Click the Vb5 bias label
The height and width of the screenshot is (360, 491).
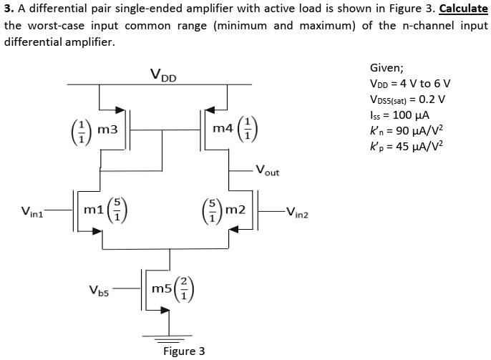(x=99, y=291)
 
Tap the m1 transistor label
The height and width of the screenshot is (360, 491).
(x=93, y=209)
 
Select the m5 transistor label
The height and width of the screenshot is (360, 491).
(x=162, y=288)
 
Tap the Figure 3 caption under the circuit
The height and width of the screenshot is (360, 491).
(x=184, y=351)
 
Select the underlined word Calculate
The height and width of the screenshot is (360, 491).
(x=462, y=9)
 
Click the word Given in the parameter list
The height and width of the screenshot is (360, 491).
(x=387, y=69)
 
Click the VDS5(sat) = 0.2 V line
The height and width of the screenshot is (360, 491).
(x=407, y=98)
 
